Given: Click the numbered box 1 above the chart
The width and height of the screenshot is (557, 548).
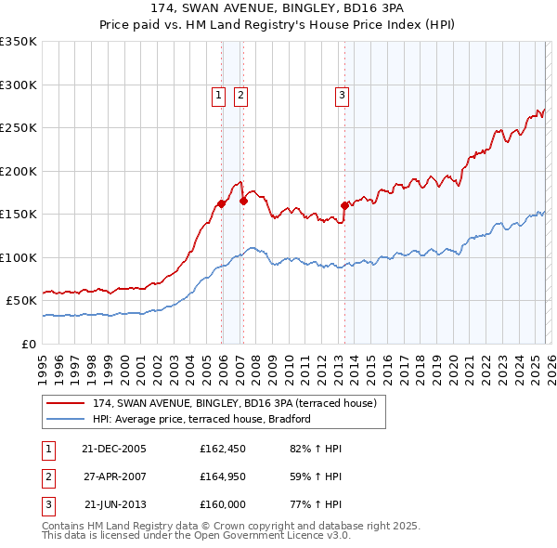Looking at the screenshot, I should pos(218,94).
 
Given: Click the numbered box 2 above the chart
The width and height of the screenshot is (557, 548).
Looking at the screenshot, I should pos(240,94).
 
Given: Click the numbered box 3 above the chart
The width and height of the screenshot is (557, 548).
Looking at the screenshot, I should pos(342,94).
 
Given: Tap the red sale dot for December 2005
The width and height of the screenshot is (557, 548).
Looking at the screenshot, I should pos(222,203).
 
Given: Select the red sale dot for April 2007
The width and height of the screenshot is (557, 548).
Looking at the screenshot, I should pos(243,200).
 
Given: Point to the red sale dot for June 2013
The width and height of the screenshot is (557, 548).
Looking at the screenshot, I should pos(344,205).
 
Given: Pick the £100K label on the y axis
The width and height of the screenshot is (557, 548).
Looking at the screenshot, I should pos(19,257).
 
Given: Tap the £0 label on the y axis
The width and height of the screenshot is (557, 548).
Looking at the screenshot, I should pos(28,344).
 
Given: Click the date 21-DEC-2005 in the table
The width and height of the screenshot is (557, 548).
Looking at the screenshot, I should pos(114,449).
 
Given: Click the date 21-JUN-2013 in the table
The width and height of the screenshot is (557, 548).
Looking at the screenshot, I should pos(114,504).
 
